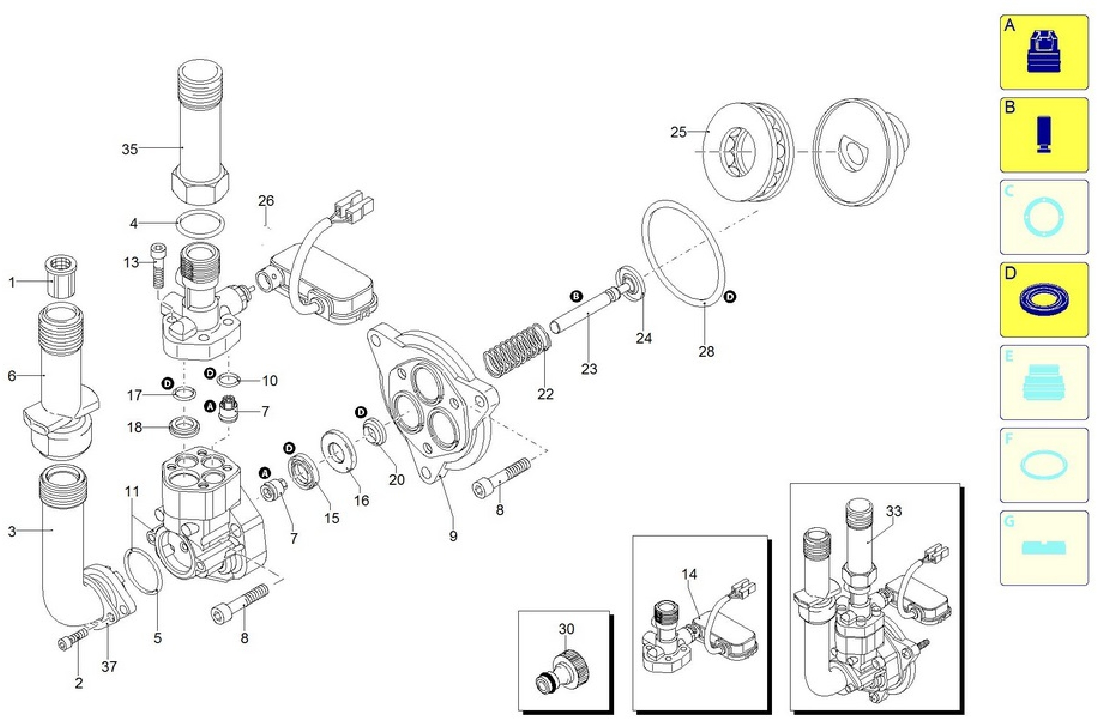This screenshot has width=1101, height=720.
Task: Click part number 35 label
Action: coord(129,149)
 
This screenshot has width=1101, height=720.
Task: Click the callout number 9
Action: coord(453,537)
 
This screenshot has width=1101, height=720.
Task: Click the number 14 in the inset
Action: coord(689,574)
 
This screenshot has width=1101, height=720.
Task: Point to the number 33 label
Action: coord(894,511)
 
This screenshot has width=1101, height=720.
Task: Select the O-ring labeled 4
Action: coord(202,223)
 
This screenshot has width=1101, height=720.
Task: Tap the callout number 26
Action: coord(266,201)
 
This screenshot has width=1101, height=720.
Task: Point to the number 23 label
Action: coord(589,369)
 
